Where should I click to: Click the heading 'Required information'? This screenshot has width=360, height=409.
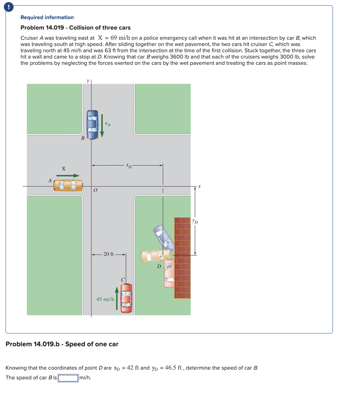(47, 17)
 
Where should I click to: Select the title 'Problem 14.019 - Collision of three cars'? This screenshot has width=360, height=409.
(76, 28)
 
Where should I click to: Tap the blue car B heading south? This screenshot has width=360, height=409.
(92, 125)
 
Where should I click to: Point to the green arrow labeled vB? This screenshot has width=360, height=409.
(102, 125)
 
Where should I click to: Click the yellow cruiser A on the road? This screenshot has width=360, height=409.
(68, 185)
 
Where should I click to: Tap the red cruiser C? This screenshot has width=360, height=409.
(126, 298)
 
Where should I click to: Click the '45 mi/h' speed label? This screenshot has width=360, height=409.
(105, 299)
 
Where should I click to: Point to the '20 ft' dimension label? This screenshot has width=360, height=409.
(108, 254)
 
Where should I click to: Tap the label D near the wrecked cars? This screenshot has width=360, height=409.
(159, 267)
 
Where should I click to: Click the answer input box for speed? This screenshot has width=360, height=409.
(69, 378)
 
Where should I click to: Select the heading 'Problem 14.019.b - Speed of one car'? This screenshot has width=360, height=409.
(62, 344)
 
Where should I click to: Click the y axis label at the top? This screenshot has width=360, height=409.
(88, 80)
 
